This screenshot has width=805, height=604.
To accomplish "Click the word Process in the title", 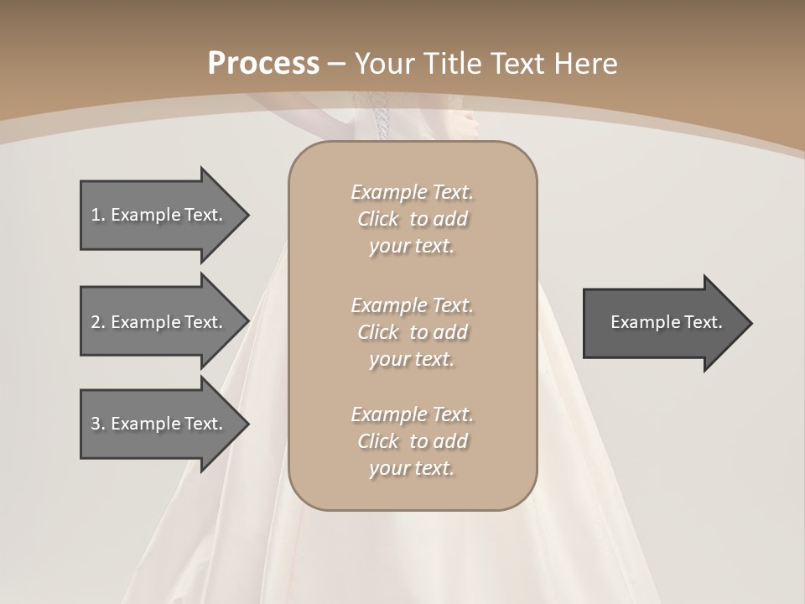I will tap(263, 64).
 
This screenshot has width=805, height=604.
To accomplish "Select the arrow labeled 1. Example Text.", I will tap(156, 215).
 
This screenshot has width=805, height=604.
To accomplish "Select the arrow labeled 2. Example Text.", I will tap(156, 322).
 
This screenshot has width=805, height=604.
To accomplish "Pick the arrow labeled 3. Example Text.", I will tap(156, 424).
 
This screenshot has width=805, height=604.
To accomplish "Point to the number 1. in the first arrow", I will tap(98, 215).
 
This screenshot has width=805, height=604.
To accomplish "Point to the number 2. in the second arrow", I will tap(98, 322).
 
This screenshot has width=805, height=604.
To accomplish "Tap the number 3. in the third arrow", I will tap(98, 424).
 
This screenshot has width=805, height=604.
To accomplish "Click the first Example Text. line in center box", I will tap(412, 192).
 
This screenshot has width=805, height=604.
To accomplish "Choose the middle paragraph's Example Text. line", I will tap(412, 305).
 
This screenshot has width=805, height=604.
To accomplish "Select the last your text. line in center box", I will tap(412, 469).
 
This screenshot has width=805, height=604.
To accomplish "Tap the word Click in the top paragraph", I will tap(377, 219).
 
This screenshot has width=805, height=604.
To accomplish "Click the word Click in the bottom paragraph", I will tap(377, 441).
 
